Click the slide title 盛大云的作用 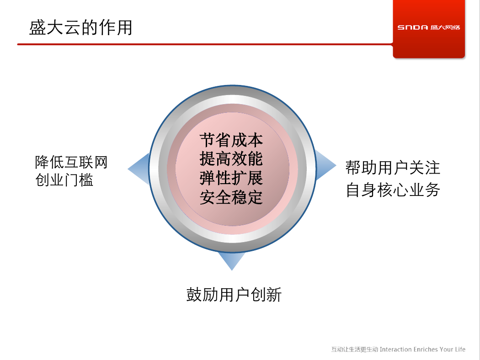(x=80, y=27)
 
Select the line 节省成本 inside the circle (x=231, y=140)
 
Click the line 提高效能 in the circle (x=231, y=159)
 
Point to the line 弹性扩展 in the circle (x=231, y=178)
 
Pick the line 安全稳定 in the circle (x=231, y=197)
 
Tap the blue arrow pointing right (x=325, y=165)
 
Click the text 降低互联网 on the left (x=71, y=162)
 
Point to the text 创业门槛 (x=64, y=180)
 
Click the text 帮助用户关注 (x=393, y=168)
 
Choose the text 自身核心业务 (x=393, y=190)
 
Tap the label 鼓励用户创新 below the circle (x=234, y=295)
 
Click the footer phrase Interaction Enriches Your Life (x=422, y=349)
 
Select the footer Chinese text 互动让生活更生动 (x=355, y=349)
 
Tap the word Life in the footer (x=460, y=349)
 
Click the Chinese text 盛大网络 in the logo (x=445, y=27)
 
